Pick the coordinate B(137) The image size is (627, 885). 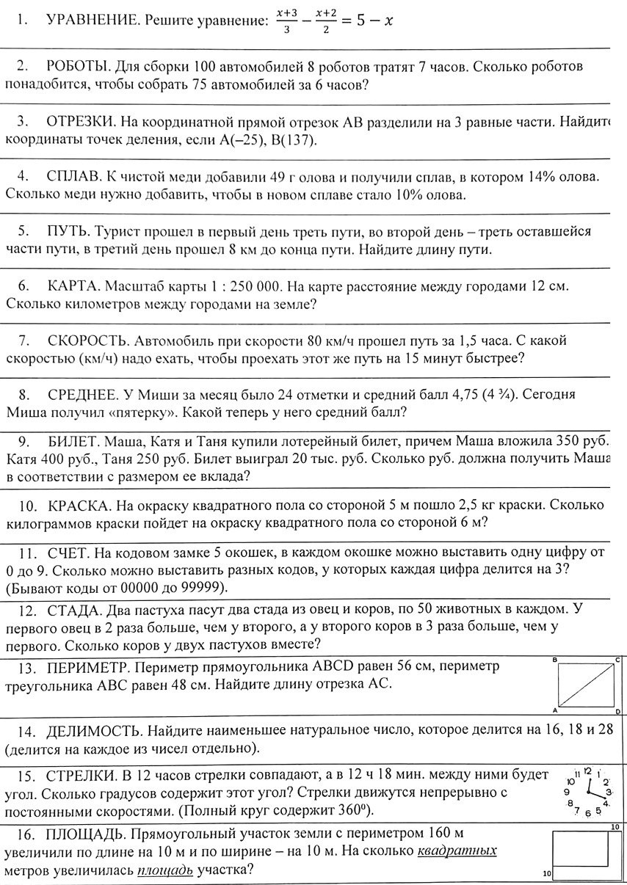[x=292, y=139]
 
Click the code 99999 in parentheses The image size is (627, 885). [x=189, y=588]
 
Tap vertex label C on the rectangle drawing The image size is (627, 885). [x=617, y=660]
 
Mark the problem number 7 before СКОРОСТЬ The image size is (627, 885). [x=23, y=340]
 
